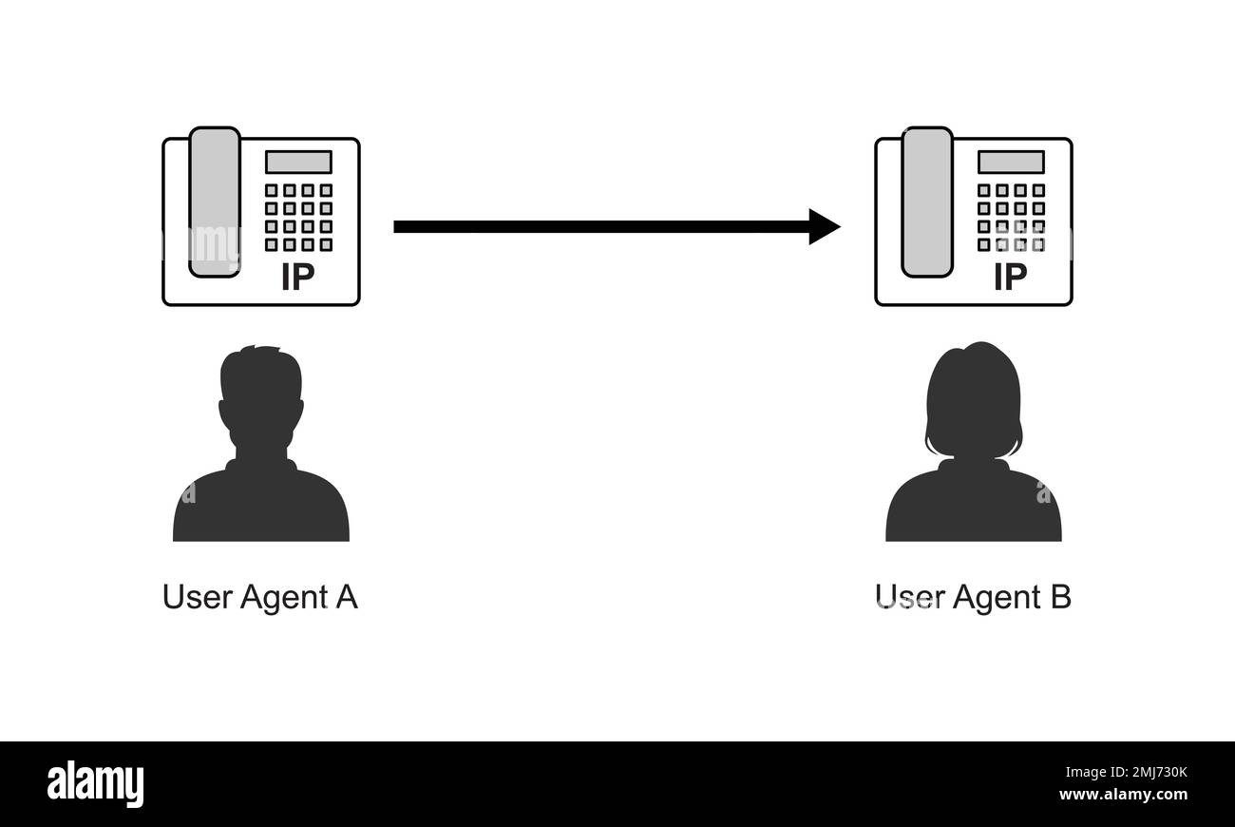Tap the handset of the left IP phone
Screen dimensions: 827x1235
[x=215, y=202]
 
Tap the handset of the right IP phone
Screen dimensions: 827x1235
[x=927, y=202]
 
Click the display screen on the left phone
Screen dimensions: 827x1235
[x=298, y=162]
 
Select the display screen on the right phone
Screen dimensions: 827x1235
[x=1011, y=162]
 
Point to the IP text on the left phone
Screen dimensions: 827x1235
[x=297, y=277]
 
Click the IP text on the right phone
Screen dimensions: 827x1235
[x=1010, y=277]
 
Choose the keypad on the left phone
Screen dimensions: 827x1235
[x=298, y=217]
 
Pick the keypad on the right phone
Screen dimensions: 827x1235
[x=1011, y=217]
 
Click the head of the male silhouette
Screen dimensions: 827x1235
[x=261, y=394]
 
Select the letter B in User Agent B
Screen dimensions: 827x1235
[x=1059, y=598]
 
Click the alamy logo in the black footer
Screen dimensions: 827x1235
[x=96, y=784]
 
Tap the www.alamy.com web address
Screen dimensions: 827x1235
[x=1123, y=795]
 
